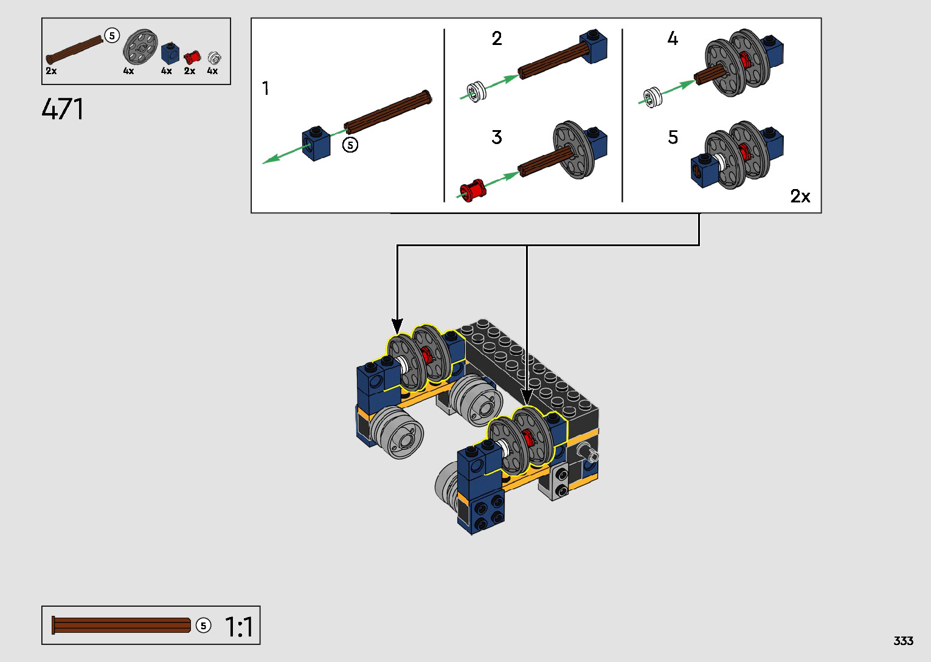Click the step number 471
pos(63,109)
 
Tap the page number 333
pos(903,641)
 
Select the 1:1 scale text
pos(239,626)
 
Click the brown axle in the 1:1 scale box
pos(121,626)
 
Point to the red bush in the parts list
pos(192,57)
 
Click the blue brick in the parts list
pos(170,53)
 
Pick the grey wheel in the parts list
pos(140,47)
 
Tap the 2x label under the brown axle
pos(51,71)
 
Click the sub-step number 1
pos(266,88)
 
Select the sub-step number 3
pos(497,137)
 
